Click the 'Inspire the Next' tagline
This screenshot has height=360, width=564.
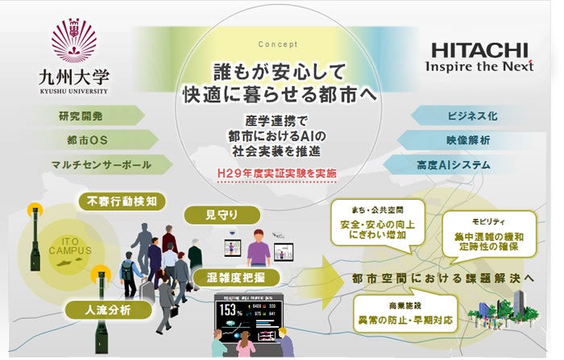(479, 65)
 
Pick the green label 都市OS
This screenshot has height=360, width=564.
(88, 140)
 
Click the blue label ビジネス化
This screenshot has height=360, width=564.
(471, 116)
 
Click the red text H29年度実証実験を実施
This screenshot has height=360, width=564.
(277, 173)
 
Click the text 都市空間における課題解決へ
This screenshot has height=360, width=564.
(442, 278)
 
